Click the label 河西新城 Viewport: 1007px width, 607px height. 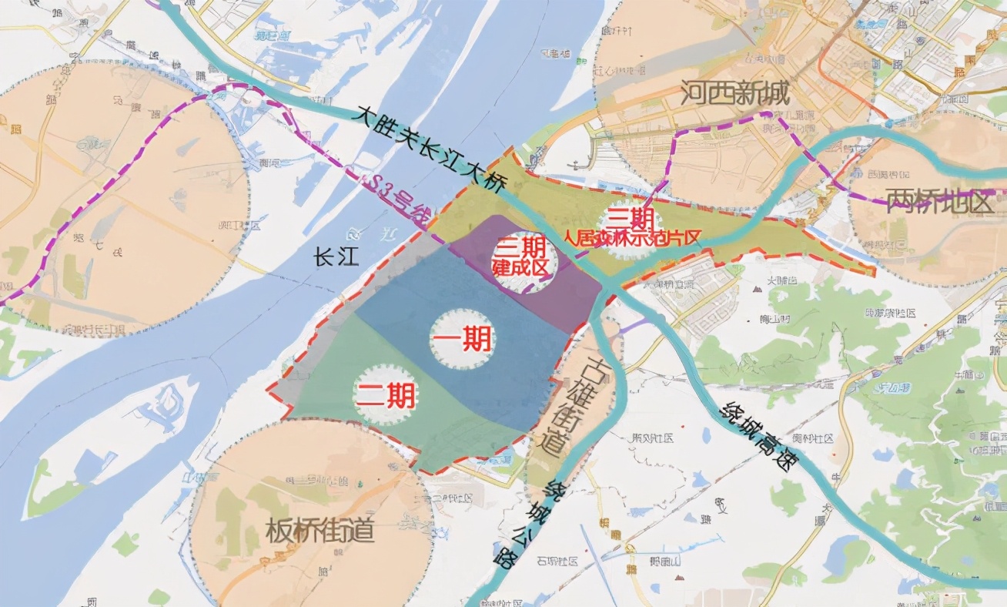tap(735, 95)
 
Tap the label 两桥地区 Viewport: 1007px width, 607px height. tap(940, 202)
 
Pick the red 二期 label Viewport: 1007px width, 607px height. tap(385, 396)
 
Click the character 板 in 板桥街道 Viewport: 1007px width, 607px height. tap(279, 531)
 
